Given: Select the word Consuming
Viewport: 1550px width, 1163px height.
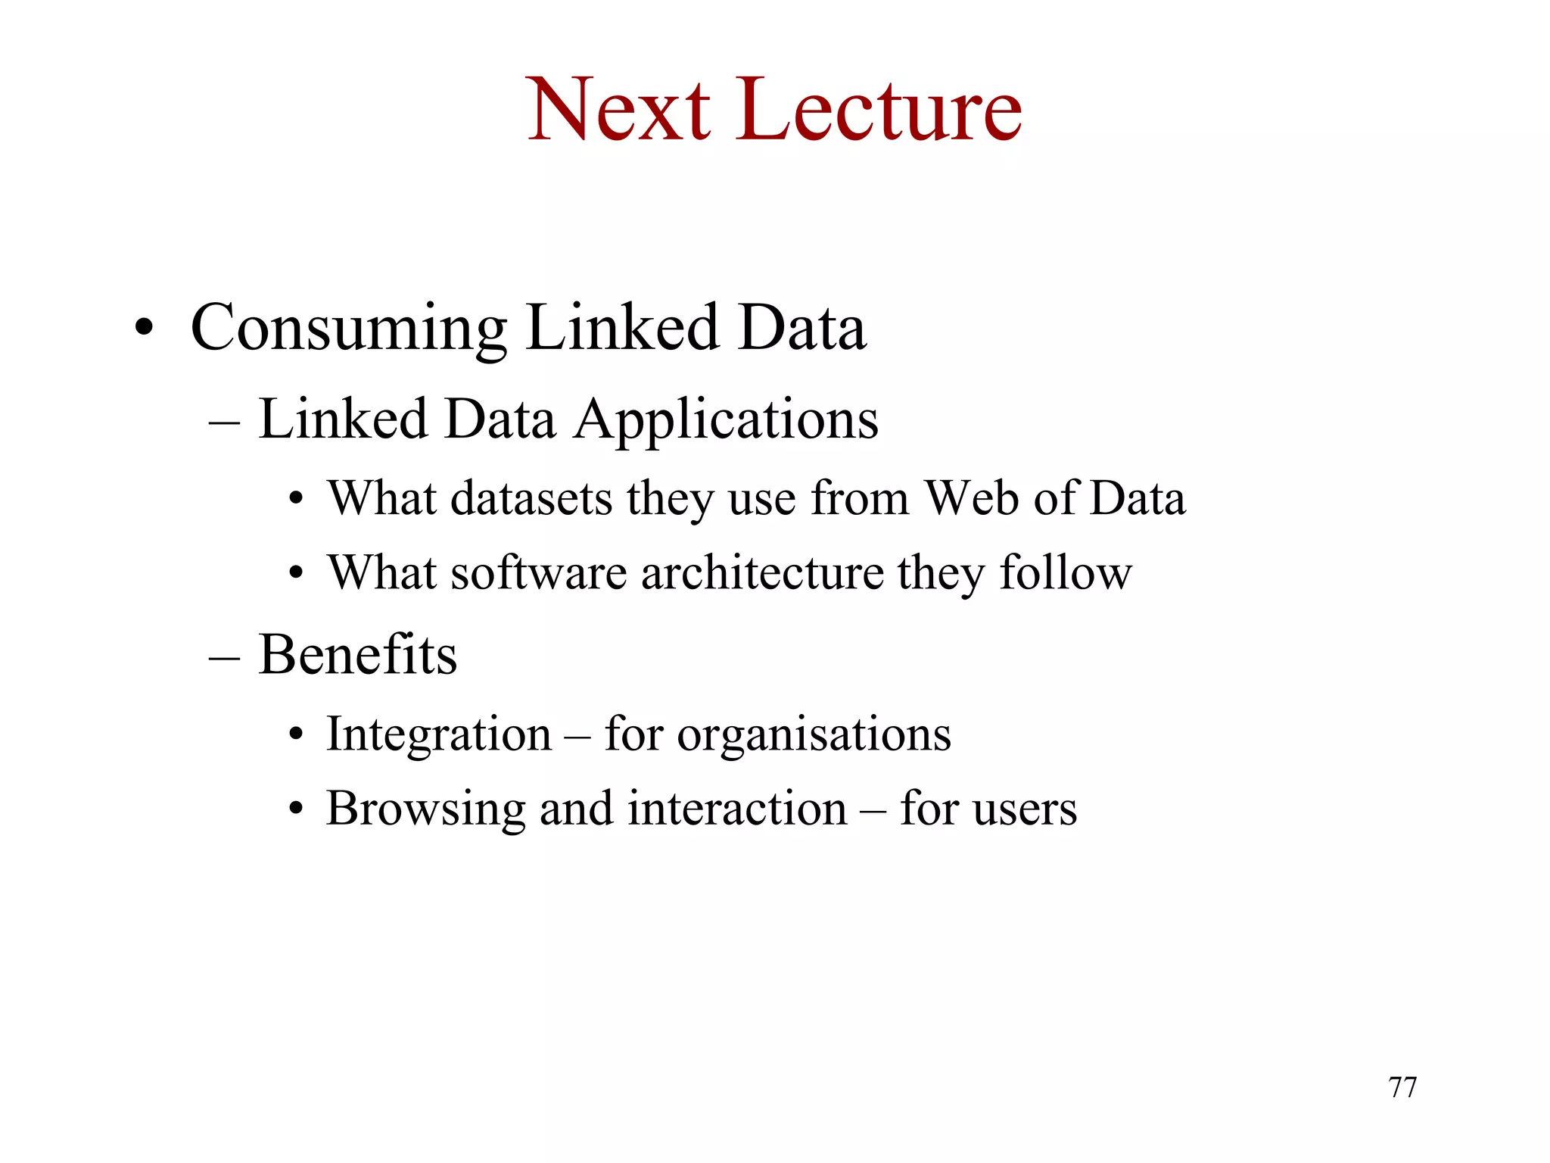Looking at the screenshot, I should [348, 329].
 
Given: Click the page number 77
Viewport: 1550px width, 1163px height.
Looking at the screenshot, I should [1402, 1087].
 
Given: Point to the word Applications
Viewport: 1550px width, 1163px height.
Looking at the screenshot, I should [726, 421].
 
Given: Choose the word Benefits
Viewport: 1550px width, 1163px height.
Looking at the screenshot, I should [358, 654].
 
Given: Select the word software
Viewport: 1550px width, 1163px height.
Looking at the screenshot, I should [539, 572].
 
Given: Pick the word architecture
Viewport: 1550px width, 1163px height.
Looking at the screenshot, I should [762, 572].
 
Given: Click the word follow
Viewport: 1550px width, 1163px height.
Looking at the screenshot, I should [1066, 572].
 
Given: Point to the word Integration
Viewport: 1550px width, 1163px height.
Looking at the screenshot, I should [439, 734].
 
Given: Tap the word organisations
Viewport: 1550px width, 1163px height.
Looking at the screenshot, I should [814, 734].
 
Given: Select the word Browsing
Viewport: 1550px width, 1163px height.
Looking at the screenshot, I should [425, 809].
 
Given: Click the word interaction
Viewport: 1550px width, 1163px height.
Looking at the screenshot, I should [737, 809].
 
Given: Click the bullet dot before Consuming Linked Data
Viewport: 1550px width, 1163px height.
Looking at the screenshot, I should [144, 329].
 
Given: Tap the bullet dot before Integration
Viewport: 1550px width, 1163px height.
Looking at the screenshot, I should [296, 734].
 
